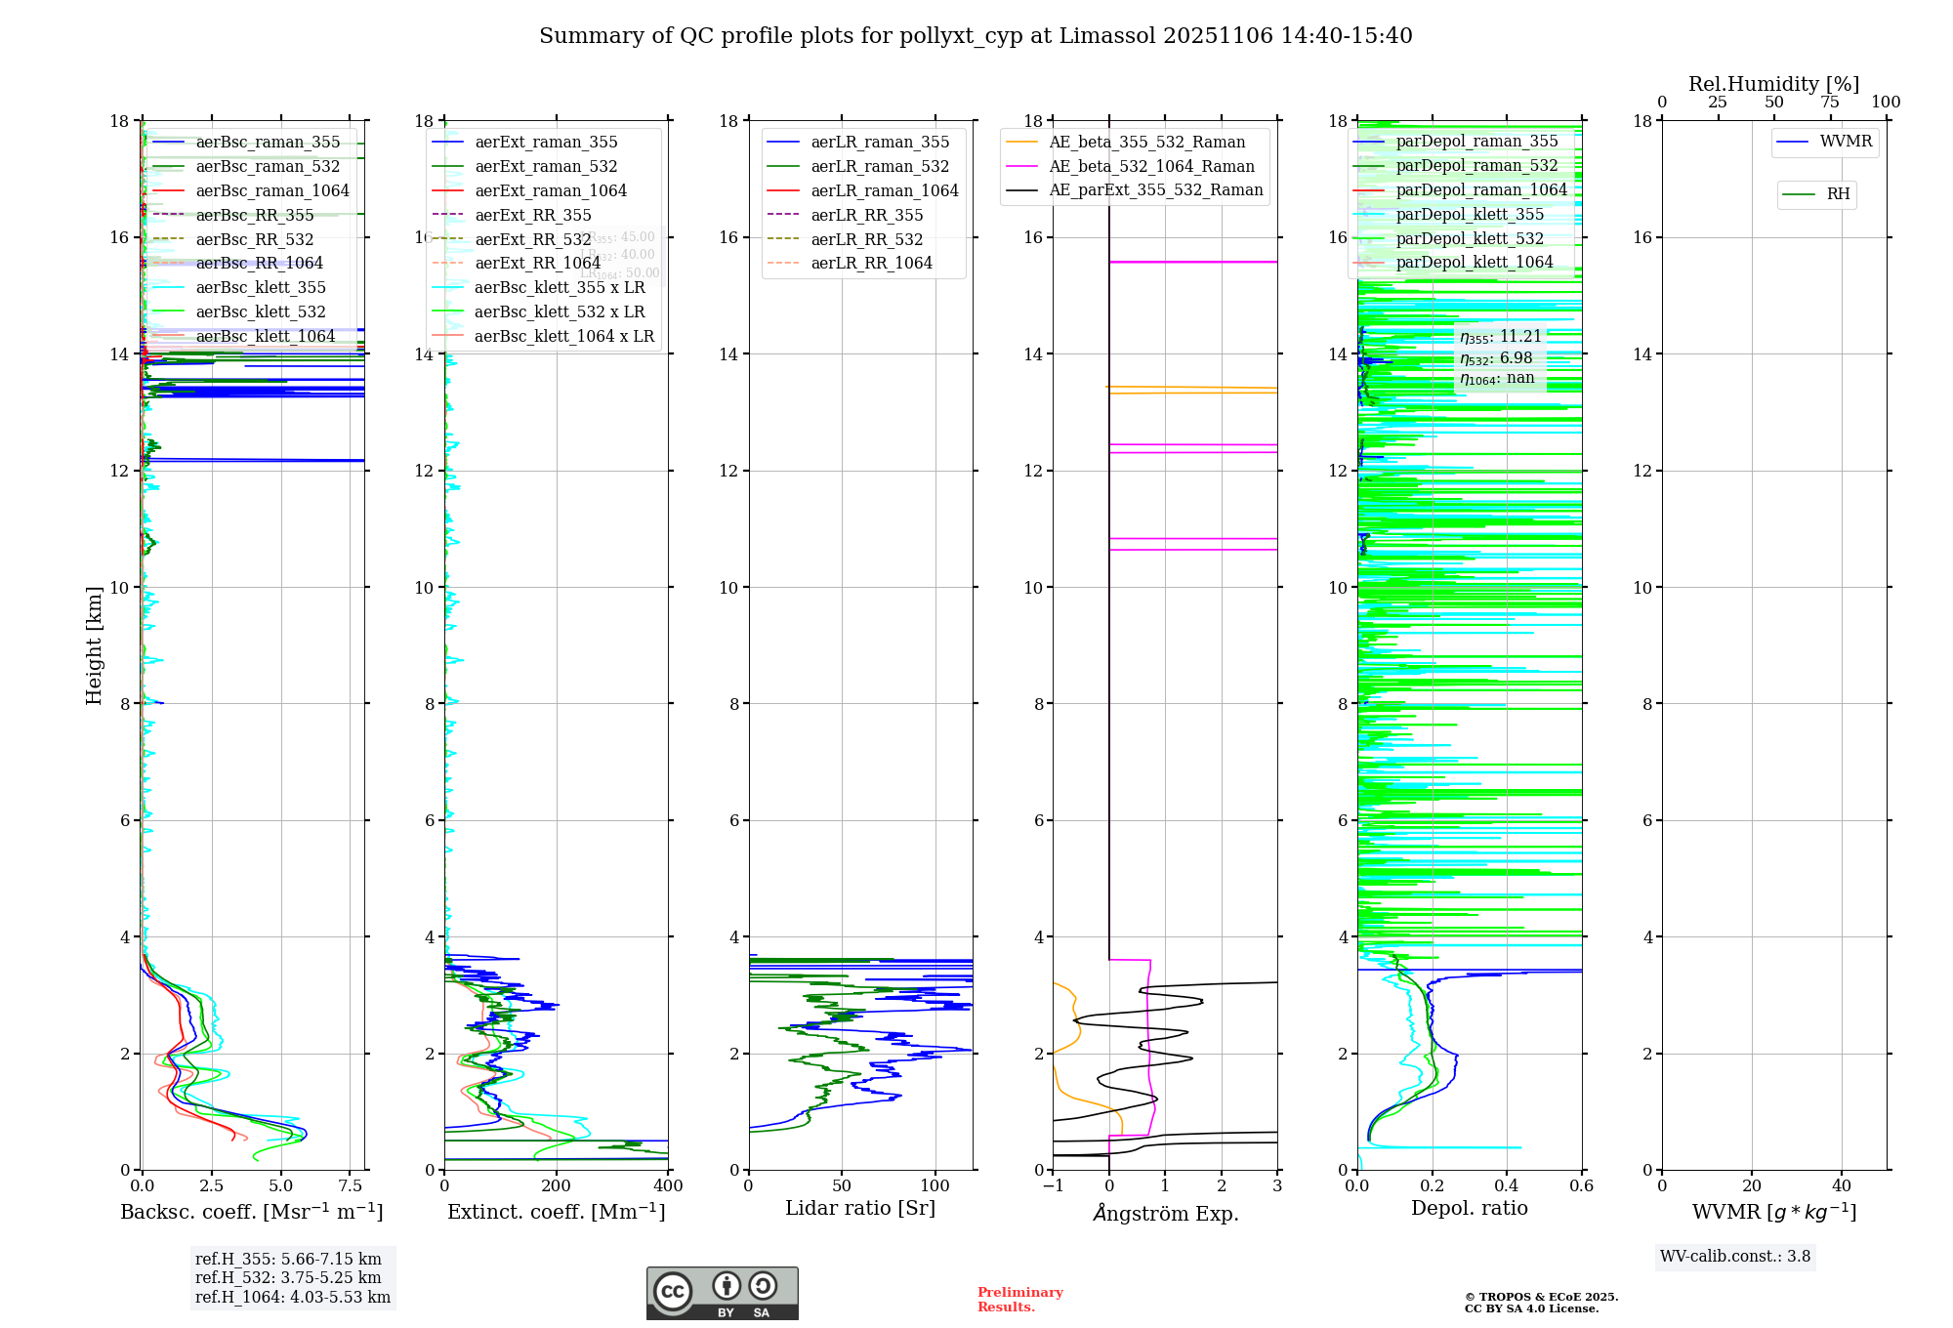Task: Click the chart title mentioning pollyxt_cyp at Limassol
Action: pyautogui.click(x=976, y=36)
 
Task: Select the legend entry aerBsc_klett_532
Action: pyautogui.click(x=261, y=312)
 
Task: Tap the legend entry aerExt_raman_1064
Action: pyautogui.click(x=551, y=191)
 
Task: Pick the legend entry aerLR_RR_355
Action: pyautogui.click(x=866, y=216)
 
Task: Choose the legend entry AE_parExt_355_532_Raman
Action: pyautogui.click(x=1155, y=190)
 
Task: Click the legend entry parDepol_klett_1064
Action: pyautogui.click(x=1474, y=263)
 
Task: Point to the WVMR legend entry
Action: pyautogui.click(x=1845, y=142)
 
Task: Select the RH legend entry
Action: pyautogui.click(x=1838, y=194)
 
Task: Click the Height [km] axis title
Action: pyautogui.click(x=94, y=644)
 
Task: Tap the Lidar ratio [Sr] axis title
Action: pyautogui.click(x=860, y=1208)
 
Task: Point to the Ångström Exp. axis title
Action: pyautogui.click(x=1165, y=1213)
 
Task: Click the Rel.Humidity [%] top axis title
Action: pyautogui.click(x=1773, y=84)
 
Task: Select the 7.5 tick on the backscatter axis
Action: pyautogui.click(x=351, y=1186)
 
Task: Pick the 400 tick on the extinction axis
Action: pyautogui.click(x=668, y=1186)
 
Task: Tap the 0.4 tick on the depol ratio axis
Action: pyautogui.click(x=1507, y=1186)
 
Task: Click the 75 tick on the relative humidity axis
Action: pyautogui.click(x=1830, y=103)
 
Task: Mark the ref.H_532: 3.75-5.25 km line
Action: pyautogui.click(x=288, y=1278)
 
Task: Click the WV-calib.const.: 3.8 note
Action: pyautogui.click(x=1735, y=1257)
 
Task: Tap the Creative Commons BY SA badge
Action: pyautogui.click(x=722, y=1294)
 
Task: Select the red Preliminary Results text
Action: pyautogui.click(x=1019, y=1300)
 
